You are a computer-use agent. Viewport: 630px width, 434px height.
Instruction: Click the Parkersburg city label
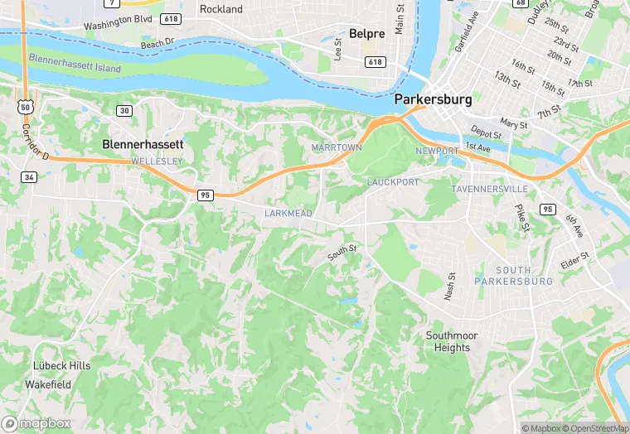tap(433, 99)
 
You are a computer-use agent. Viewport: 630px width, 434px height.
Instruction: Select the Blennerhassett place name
tap(143, 143)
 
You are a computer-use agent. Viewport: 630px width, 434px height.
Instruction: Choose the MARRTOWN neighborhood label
tap(337, 147)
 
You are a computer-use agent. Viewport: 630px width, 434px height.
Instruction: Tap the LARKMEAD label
tap(288, 214)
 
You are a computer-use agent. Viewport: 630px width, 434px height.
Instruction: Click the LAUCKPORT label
tap(393, 181)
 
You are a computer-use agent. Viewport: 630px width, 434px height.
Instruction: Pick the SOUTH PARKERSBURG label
tap(513, 276)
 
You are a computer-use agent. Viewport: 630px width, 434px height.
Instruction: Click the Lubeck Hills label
tap(61, 365)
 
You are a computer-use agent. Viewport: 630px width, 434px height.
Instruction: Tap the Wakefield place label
tap(47, 384)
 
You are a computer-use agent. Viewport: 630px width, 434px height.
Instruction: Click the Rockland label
tap(221, 9)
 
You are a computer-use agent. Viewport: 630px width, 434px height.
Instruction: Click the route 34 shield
tap(28, 177)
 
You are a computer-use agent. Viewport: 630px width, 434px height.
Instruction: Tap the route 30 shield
tap(124, 110)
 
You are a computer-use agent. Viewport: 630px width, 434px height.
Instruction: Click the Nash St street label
tap(451, 287)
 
